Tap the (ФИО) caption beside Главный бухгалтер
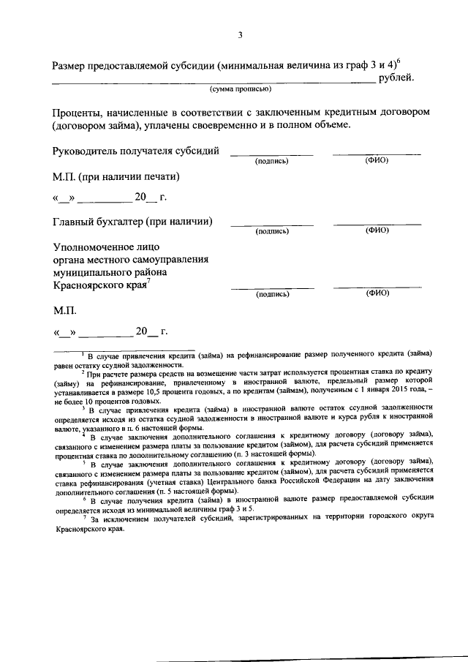click(x=377, y=231)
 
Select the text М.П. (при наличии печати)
click(x=116, y=177)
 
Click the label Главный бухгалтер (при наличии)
click(x=132, y=221)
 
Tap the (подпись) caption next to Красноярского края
click(x=272, y=295)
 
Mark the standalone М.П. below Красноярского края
click(x=64, y=311)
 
